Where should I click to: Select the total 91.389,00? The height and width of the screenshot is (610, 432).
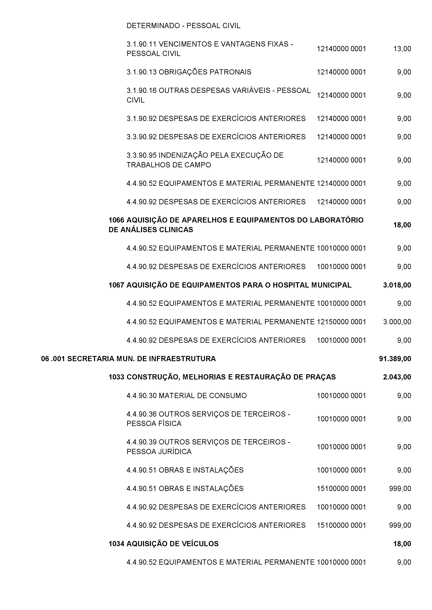pyautogui.click(x=395, y=359)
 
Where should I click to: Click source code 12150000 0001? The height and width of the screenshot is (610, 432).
pyautogui.click(x=341, y=322)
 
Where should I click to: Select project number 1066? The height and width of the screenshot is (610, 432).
pyautogui.click(x=116, y=220)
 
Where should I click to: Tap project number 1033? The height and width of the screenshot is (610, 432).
pyautogui.click(x=116, y=377)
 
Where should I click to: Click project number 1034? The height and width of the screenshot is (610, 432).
pyautogui.click(x=116, y=544)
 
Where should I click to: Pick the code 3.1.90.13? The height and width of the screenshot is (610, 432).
pyautogui.click(x=141, y=72)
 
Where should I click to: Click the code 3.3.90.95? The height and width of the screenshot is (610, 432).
pyautogui.click(x=141, y=155)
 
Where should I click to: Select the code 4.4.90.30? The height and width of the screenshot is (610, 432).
pyautogui.click(x=141, y=395)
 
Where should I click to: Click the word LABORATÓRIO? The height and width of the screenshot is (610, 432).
pyautogui.click(x=337, y=220)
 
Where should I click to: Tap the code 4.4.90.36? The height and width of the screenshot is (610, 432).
pyautogui.click(x=141, y=414)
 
